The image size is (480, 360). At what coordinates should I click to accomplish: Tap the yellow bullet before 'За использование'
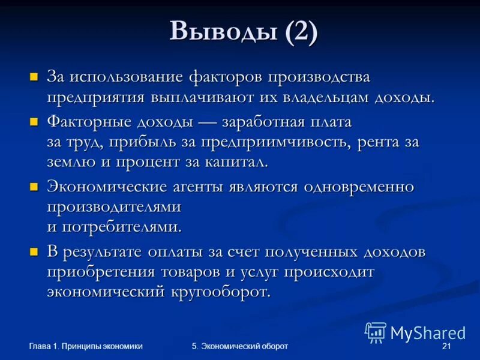point(34,77)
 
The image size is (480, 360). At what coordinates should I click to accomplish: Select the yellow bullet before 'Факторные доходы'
point(34,122)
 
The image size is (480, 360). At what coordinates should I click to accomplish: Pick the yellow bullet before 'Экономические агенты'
point(34,186)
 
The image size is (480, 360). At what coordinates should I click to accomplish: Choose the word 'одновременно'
point(359,187)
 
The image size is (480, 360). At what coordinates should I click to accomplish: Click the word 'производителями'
point(115,207)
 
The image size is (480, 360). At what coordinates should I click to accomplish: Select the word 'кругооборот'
point(220,292)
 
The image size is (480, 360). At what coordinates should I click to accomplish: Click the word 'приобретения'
point(103,272)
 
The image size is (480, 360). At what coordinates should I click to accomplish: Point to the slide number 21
point(446,346)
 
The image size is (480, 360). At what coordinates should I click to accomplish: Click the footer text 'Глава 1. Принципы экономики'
point(86,346)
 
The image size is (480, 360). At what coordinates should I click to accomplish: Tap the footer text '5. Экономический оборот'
point(240,346)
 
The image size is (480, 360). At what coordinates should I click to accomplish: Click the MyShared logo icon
point(376,332)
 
